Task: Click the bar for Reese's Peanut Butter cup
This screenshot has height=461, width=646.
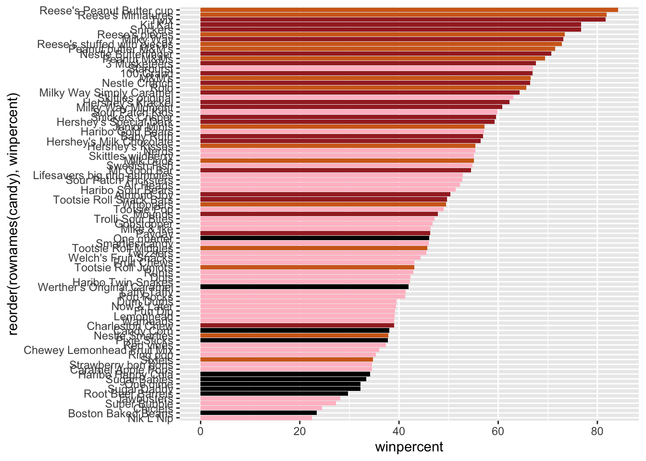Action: (409, 10)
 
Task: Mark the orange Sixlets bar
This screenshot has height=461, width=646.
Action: (286, 359)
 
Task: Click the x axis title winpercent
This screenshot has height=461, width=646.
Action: (409, 447)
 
